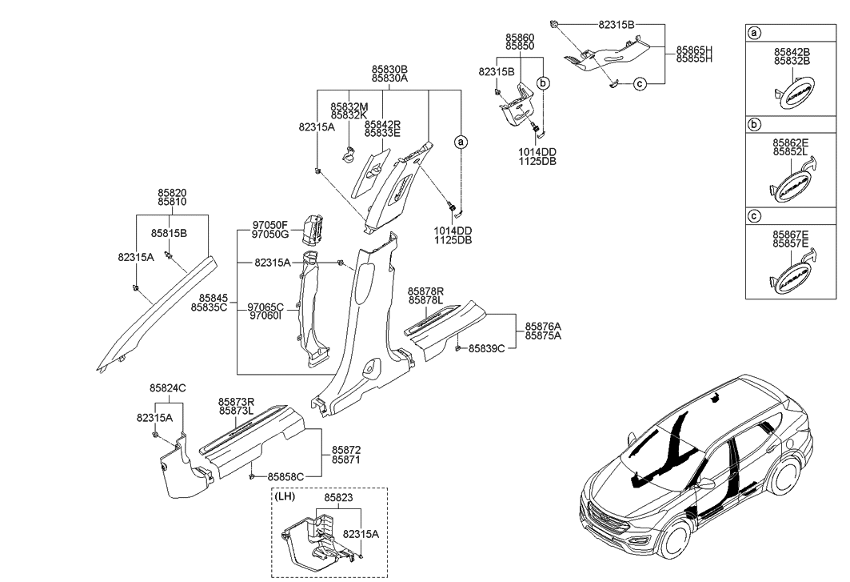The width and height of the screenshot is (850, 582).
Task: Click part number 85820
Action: pyautogui.click(x=172, y=194)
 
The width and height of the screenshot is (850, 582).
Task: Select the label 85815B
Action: pyautogui.click(x=169, y=233)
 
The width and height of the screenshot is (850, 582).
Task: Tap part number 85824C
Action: pyautogui.click(x=167, y=388)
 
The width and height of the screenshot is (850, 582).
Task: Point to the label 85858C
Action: pyautogui.click(x=285, y=476)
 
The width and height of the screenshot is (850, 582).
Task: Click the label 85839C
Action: pyautogui.click(x=486, y=348)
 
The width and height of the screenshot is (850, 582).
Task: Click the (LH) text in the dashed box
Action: pyautogui.click(x=285, y=496)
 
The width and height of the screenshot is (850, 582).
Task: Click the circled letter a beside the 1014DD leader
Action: pyautogui.click(x=461, y=142)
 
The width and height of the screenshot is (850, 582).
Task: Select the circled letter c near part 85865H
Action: pyautogui.click(x=639, y=83)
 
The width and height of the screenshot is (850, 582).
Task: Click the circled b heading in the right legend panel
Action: pyautogui.click(x=753, y=126)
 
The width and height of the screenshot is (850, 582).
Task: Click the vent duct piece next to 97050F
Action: pyautogui.click(x=313, y=228)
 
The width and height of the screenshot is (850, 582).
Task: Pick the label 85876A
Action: pyautogui.click(x=543, y=327)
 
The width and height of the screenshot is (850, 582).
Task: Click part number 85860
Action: pyautogui.click(x=520, y=38)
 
